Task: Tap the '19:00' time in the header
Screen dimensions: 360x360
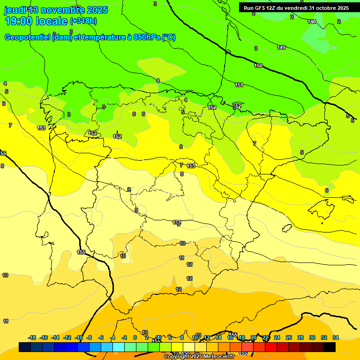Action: click(x=18, y=21)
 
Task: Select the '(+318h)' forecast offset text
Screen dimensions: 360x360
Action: click(x=83, y=21)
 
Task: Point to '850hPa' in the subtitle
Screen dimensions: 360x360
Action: click(x=147, y=37)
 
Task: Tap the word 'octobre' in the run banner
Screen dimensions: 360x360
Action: click(x=319, y=8)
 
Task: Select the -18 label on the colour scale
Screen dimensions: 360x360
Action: click(x=32, y=337)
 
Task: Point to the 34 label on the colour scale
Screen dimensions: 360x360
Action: click(x=336, y=337)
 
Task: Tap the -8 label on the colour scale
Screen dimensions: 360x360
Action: click(x=89, y=337)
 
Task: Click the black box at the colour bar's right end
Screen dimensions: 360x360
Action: click(x=330, y=347)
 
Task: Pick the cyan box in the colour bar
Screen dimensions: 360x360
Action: click(x=119, y=347)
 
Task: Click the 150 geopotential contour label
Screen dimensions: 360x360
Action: click(x=258, y=66)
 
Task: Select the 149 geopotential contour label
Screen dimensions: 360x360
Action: click(x=281, y=47)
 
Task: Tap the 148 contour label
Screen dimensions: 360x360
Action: click(x=312, y=22)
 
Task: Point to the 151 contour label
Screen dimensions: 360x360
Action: click(x=239, y=85)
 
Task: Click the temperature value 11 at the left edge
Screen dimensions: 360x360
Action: click(x=6, y=321)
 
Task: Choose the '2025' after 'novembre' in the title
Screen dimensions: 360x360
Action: click(x=97, y=10)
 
